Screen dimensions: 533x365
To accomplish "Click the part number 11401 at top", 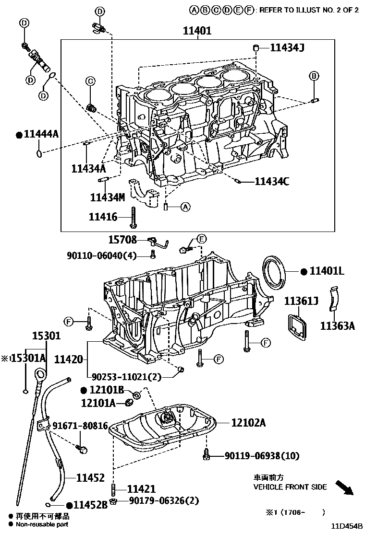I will pos(197,31).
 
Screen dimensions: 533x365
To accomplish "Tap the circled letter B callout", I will pos(314,76).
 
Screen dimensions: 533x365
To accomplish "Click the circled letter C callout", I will pos(90,81).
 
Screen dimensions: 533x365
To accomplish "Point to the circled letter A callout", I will pos(185,207).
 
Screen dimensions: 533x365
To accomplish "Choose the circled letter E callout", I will pos(202,239).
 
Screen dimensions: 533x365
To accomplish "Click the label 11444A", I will pos(40,135).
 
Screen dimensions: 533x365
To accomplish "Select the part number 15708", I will pos(122,240).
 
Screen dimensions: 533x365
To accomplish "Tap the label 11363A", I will pos(338,326).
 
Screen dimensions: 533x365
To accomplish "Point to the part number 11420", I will pos(69,359).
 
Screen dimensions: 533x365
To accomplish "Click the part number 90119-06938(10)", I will pos(261,456).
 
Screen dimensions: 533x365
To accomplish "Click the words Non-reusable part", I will pos(42,524).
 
